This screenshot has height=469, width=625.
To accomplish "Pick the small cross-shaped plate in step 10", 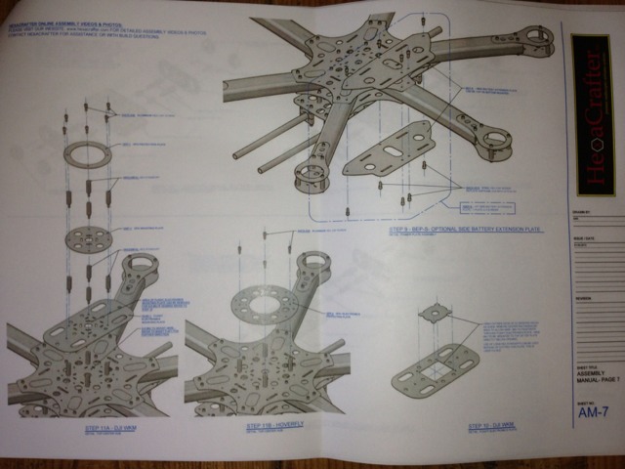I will [433, 315].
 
